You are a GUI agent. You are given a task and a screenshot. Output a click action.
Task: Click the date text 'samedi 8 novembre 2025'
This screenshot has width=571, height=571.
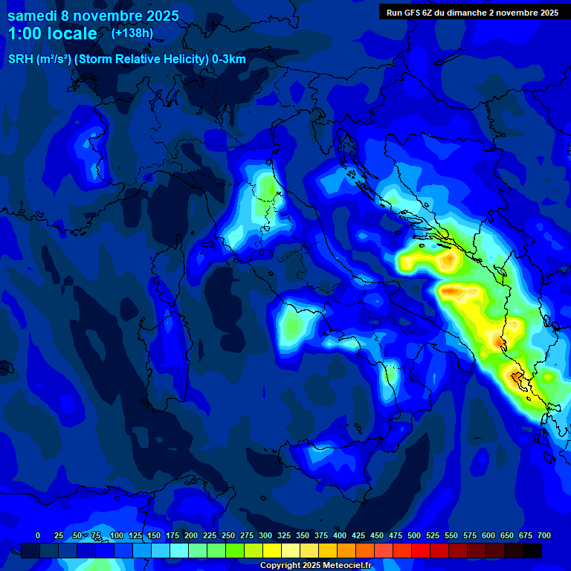tap(93, 16)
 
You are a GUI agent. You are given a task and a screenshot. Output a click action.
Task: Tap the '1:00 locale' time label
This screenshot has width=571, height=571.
tap(53, 33)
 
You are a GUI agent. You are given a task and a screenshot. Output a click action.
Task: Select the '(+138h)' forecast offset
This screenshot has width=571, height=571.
tap(132, 33)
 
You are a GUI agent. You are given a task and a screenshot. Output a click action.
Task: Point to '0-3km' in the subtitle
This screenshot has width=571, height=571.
tap(228, 59)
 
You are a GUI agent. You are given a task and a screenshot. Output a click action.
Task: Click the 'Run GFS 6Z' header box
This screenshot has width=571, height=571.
tap(472, 12)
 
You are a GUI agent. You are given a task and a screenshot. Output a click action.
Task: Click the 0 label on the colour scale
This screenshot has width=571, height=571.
tap(38, 535)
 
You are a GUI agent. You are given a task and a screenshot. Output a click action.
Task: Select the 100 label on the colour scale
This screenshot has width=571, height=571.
tap(117, 535)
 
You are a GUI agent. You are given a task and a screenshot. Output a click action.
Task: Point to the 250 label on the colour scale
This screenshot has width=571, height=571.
tap(228, 535)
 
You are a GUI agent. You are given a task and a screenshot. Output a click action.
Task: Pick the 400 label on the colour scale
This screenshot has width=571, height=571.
tap(340, 535)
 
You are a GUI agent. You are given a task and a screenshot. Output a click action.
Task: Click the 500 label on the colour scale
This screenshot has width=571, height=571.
tap(414, 535)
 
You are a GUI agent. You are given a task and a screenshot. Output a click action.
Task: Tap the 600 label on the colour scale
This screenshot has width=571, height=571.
tap(488, 535)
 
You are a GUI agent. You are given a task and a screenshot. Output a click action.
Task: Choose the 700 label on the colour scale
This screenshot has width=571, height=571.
tap(544, 535)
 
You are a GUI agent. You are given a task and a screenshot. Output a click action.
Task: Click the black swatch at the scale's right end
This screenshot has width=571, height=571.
tap(532, 550)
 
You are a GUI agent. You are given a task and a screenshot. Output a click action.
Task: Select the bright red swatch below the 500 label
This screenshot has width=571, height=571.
tap(421, 550)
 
